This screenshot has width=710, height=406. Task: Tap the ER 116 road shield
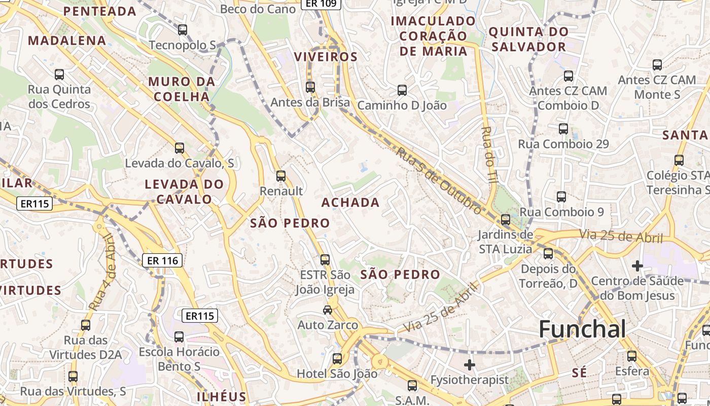point(162,260)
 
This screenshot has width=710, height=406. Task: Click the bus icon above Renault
point(280,176)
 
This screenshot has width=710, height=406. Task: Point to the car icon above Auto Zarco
point(328,310)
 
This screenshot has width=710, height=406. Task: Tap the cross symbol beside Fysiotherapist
point(470,364)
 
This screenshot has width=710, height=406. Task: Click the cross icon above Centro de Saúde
point(637,265)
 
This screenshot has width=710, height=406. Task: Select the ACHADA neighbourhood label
point(350,202)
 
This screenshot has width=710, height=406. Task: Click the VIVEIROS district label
point(326,57)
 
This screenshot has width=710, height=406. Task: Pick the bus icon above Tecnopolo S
point(183,30)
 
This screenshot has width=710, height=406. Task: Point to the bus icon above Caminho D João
point(402,90)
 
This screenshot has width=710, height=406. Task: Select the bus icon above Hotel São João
point(337,359)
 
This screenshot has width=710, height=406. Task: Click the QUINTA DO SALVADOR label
point(527,39)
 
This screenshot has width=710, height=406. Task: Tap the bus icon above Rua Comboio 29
point(563,129)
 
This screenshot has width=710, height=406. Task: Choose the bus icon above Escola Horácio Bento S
point(179,336)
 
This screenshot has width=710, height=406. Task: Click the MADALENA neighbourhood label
point(67,41)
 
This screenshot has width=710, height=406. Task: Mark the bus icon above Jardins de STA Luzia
point(506,220)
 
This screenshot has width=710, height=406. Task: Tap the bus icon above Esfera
point(632,356)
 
